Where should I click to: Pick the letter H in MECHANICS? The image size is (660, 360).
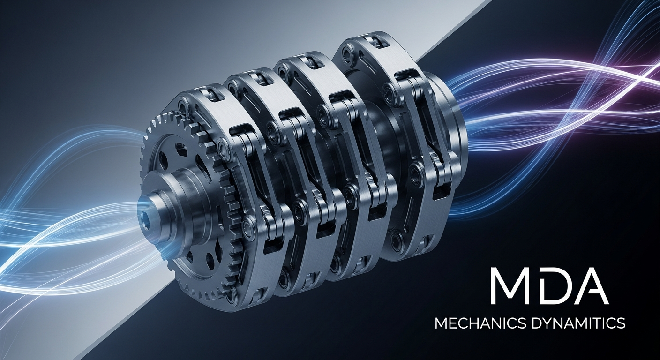[x=474, y=324]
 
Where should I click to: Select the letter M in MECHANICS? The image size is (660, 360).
[x=441, y=324]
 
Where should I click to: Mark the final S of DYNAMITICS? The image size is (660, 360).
[x=621, y=324]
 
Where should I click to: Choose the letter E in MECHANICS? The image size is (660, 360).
[x=453, y=324]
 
